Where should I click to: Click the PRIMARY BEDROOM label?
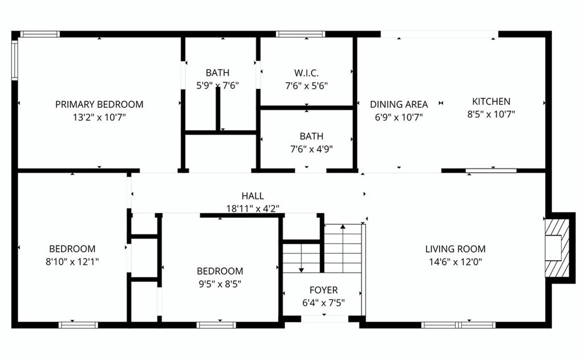99,104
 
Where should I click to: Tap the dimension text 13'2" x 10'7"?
99,118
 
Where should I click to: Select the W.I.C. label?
306,72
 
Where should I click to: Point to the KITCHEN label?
491,102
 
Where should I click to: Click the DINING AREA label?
399,104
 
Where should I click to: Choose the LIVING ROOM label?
455,249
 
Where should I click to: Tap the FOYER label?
323,290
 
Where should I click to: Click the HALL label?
253,196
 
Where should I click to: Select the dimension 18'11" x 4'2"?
253,208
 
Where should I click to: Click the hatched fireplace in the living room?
557,248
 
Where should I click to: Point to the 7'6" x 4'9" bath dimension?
311,149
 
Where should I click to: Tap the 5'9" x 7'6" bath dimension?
217,86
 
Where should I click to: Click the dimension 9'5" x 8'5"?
220,284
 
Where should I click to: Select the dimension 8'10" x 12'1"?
72,262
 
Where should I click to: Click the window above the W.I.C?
301,34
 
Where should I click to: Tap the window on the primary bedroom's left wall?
15,60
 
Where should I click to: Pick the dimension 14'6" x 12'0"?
455,262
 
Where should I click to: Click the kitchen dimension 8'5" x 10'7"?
491,114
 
